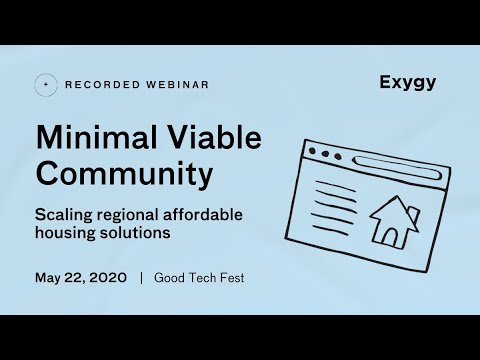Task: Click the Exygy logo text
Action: [408, 82]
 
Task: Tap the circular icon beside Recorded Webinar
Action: [44, 85]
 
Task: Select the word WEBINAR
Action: [174, 85]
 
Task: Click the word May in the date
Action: [49, 277]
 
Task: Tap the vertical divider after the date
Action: [141, 277]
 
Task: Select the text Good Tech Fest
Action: [199, 277]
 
